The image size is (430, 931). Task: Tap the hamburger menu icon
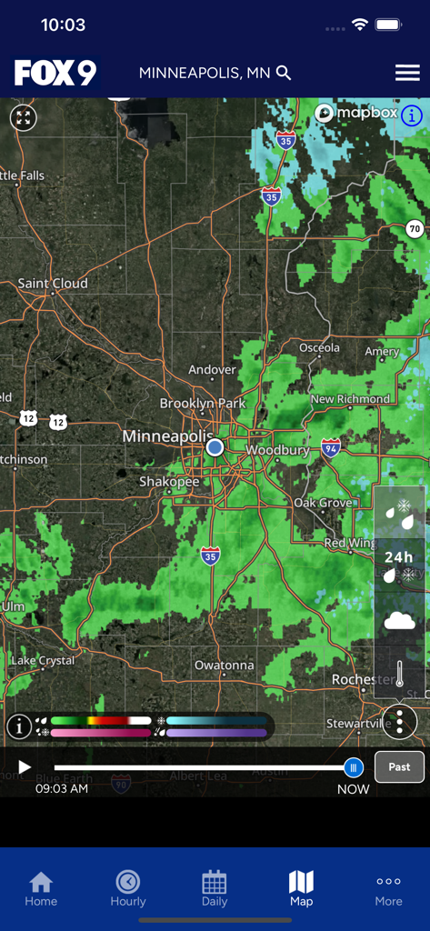pyautogui.click(x=406, y=73)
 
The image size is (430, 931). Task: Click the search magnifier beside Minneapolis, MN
pyautogui.click(x=284, y=73)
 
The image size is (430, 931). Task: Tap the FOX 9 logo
pyautogui.click(x=55, y=73)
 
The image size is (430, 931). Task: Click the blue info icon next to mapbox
pyautogui.click(x=412, y=115)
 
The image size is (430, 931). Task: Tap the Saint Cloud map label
pyautogui.click(x=53, y=284)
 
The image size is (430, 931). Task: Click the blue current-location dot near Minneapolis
pyautogui.click(x=215, y=447)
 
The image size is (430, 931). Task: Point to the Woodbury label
pyautogui.click(x=278, y=450)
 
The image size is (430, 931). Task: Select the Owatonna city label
pyautogui.click(x=225, y=666)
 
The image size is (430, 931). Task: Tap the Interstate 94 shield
pyautogui.click(x=331, y=447)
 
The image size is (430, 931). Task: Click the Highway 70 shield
pyautogui.click(x=415, y=228)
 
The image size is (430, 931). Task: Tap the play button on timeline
pyautogui.click(x=25, y=767)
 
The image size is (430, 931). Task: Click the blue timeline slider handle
pyautogui.click(x=354, y=767)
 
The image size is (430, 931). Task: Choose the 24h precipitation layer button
pyautogui.click(x=399, y=565)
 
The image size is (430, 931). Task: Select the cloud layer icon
pyautogui.click(x=399, y=622)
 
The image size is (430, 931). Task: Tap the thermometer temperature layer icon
pyautogui.click(x=399, y=674)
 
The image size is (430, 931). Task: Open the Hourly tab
pyautogui.click(x=128, y=888)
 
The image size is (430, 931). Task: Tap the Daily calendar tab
pyautogui.click(x=215, y=888)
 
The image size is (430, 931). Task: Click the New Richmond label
pyautogui.click(x=350, y=399)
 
